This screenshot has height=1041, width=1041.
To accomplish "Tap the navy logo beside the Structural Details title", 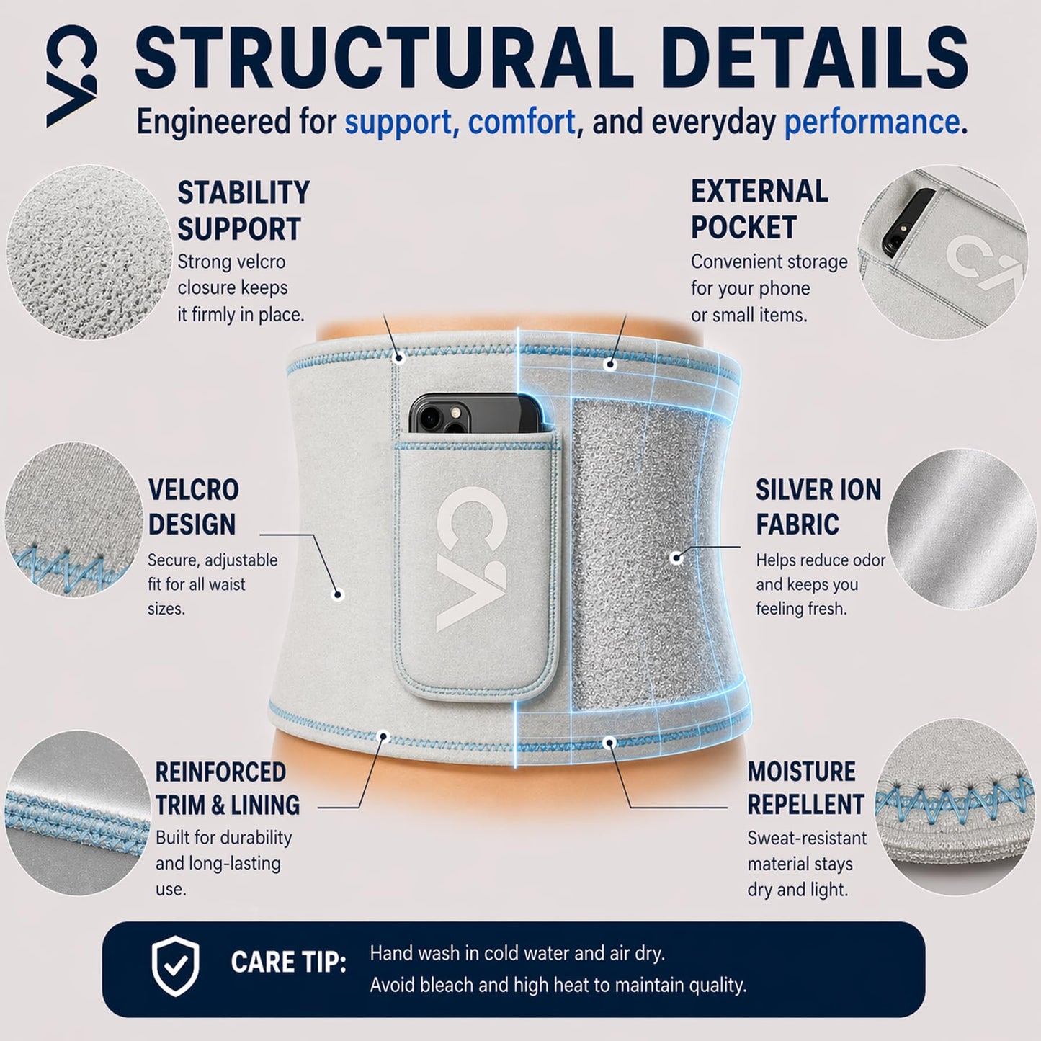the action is pos(72,76).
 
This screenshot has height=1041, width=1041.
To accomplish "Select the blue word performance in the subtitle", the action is pos(872,122).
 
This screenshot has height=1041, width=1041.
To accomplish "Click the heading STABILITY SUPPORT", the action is pos(244,210).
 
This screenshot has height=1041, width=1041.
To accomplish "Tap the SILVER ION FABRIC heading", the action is pos(818,506).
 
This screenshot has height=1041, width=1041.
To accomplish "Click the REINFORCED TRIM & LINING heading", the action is pos(228,789).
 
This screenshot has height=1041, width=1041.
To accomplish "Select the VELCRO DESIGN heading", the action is pos(193,506).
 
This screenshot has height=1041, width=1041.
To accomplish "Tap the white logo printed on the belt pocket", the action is pos(470,558).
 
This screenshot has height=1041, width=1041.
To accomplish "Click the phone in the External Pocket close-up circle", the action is pos(908,221).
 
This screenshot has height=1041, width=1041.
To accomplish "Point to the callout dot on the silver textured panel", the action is pos(675,558).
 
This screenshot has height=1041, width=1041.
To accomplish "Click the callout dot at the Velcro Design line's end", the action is pos(338,595).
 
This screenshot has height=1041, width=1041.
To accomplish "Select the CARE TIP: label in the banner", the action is pos(288,962).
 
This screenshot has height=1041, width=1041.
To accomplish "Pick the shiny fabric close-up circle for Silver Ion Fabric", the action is pos(962,530).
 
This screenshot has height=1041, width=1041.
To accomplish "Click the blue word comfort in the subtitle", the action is pos(522,122).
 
